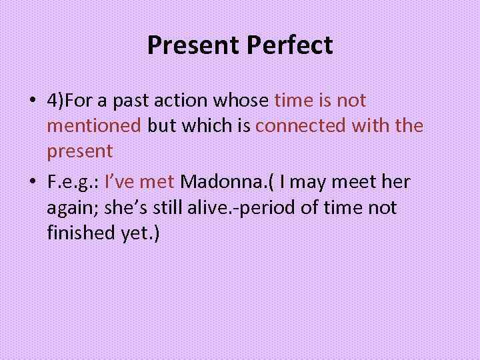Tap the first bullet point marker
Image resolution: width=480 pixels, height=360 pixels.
pos(33,101)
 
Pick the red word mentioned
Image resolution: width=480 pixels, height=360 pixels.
pos(94,126)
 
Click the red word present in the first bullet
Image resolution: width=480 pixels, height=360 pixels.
pos(79,151)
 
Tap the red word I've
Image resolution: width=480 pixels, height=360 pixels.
pos(122,182)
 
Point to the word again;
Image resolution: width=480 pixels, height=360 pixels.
pos(73,207)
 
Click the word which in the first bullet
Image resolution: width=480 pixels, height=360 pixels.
pos(210,126)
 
